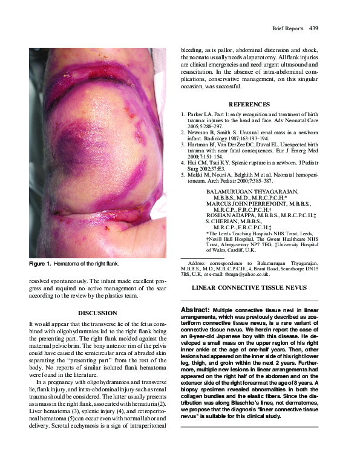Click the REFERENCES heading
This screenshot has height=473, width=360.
249,104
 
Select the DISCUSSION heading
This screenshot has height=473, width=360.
97,313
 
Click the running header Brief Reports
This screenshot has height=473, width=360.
286,28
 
